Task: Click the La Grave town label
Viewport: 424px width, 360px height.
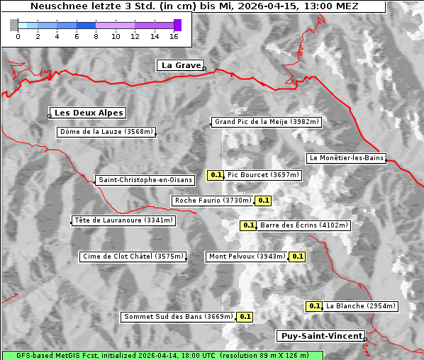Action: coord(180,65)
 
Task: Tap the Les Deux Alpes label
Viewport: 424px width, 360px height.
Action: coord(89,113)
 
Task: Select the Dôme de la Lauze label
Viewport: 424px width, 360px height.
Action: coord(106,132)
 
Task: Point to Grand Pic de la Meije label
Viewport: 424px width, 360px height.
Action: coord(267,122)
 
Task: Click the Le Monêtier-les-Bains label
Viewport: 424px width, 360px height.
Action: coord(346,158)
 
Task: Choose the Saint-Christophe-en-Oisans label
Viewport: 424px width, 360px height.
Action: coord(145,180)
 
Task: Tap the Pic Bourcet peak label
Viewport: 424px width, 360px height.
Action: coord(264,175)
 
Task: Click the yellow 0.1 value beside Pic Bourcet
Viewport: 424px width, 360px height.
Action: coord(216,175)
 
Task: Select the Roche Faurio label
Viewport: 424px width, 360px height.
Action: coord(213,201)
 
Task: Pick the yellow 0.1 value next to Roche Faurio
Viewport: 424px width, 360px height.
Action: coord(263,201)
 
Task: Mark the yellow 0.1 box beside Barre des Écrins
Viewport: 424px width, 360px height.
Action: coord(248,225)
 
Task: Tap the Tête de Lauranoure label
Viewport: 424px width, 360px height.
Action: coord(123,220)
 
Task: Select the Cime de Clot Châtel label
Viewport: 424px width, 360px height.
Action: coord(133,257)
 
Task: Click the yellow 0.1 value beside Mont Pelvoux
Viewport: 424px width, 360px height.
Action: coord(297,257)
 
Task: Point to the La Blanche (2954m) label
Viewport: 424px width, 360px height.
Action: coord(361,306)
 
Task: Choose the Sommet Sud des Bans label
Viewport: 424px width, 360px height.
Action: coord(177,317)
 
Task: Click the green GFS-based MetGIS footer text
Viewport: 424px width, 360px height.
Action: coord(162,355)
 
